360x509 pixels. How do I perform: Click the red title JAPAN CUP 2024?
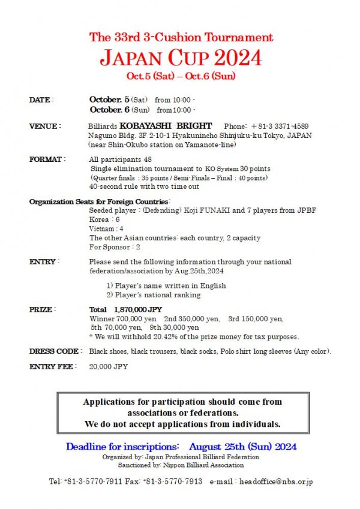click(181, 58)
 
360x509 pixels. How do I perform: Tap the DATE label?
click(41, 100)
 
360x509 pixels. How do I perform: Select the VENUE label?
click(44, 127)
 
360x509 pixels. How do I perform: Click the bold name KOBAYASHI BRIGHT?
click(166, 127)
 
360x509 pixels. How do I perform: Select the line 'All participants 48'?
click(120, 160)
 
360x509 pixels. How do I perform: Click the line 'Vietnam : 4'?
click(106, 228)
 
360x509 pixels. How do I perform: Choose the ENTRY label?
click(44, 262)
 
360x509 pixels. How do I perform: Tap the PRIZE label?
click(42, 309)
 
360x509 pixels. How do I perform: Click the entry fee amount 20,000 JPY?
click(109, 366)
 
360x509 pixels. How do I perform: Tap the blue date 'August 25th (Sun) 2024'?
click(242, 447)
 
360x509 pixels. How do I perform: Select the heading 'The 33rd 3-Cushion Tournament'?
click(181, 37)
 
